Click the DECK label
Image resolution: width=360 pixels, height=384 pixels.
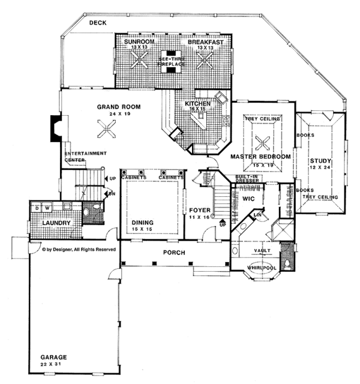pyautogui.click(x=97, y=23)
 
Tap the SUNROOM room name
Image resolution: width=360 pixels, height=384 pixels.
pyautogui.click(x=139, y=42)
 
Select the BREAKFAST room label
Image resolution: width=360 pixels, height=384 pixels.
pyautogui.click(x=205, y=42)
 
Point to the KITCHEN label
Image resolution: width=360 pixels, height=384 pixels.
pyautogui.click(x=197, y=104)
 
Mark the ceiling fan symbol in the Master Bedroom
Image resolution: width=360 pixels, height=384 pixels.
pyautogui.click(x=261, y=142)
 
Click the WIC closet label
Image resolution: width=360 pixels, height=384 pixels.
pyautogui.click(x=249, y=196)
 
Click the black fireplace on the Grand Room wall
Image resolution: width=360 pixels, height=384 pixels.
pyautogui.click(x=55, y=128)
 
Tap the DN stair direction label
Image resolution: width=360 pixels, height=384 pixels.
pyautogui.click(x=112, y=194)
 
